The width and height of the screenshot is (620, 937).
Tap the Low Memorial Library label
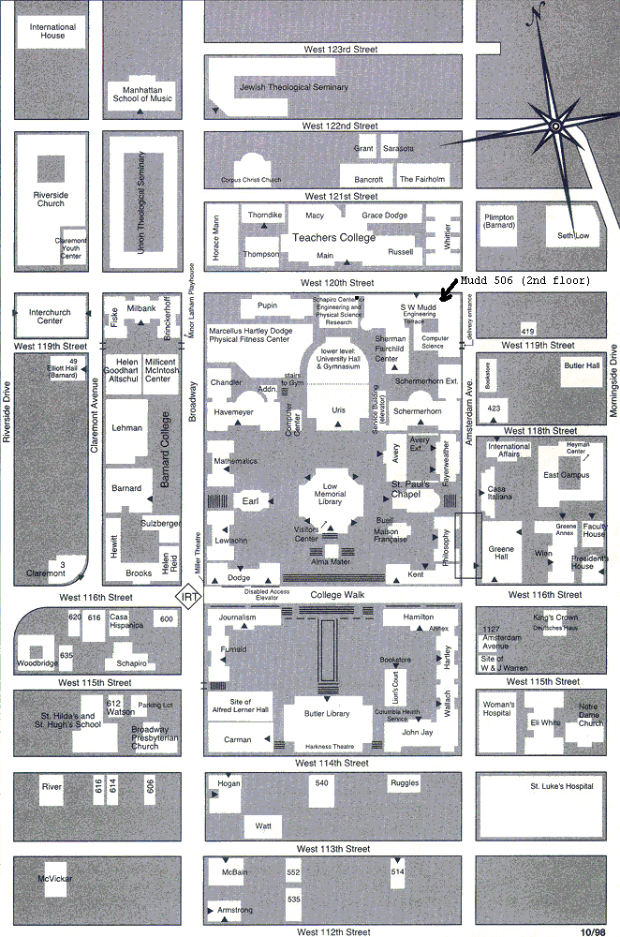pyautogui.click(x=330, y=494)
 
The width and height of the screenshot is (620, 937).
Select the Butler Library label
pyautogui.click(x=327, y=714)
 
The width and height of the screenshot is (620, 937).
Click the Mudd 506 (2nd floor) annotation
pyautogui.click(x=524, y=280)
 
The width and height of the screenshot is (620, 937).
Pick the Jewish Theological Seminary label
pyautogui.click(x=294, y=88)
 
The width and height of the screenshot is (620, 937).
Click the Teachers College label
pyautogui.click(x=333, y=237)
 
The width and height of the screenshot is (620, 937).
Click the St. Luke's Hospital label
pyautogui.click(x=562, y=786)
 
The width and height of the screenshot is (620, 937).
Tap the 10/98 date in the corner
pyautogui.click(x=593, y=931)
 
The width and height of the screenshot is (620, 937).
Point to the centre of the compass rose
pyautogui.click(x=555, y=126)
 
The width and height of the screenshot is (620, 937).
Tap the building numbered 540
pyautogui.click(x=322, y=782)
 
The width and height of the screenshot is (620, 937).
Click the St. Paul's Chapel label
pyautogui.click(x=410, y=489)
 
